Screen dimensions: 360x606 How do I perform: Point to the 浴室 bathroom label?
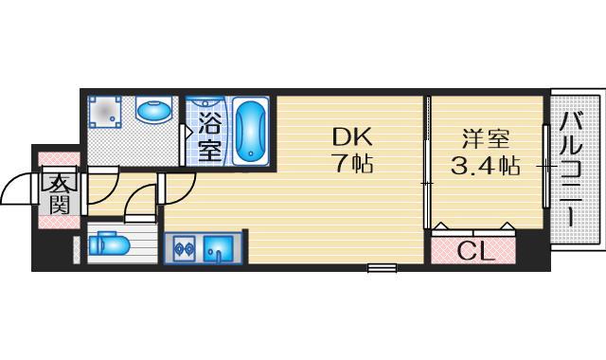209,136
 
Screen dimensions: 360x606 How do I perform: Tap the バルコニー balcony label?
571,171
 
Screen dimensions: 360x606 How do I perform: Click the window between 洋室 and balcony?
544,166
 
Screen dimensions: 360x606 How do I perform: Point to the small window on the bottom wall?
381,269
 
